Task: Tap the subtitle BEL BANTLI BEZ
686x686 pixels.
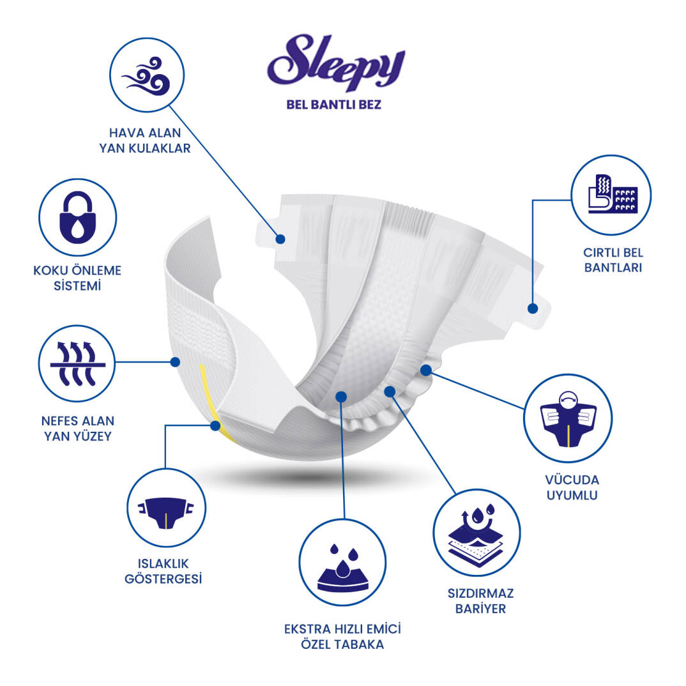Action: click(334, 105)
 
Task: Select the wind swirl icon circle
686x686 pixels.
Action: click(147, 75)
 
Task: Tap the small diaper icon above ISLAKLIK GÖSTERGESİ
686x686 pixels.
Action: click(165, 507)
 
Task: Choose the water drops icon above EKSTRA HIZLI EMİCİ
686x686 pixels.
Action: click(342, 562)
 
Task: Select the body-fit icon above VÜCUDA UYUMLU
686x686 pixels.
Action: click(568, 418)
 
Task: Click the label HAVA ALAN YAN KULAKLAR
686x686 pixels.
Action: click(145, 141)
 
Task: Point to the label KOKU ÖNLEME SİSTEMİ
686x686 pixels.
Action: click(77, 278)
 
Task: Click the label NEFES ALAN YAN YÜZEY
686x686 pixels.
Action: click(78, 428)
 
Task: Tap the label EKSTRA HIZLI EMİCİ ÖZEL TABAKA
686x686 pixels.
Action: click(342, 636)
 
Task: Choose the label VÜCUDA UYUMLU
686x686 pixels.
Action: click(572, 487)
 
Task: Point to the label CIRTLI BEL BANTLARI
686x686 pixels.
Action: click(613, 260)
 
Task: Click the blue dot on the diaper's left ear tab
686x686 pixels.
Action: click(280, 239)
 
